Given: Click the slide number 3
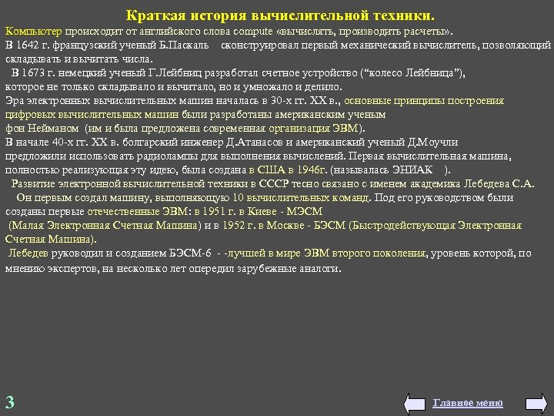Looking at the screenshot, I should tap(9, 401).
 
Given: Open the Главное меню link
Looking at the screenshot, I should tap(468, 403).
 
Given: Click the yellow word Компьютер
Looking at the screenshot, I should tap(34, 33).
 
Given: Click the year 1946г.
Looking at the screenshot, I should tap(312, 169).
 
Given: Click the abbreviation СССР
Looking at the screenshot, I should tap(274, 183).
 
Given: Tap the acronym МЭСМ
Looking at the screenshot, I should tap(304, 210).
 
